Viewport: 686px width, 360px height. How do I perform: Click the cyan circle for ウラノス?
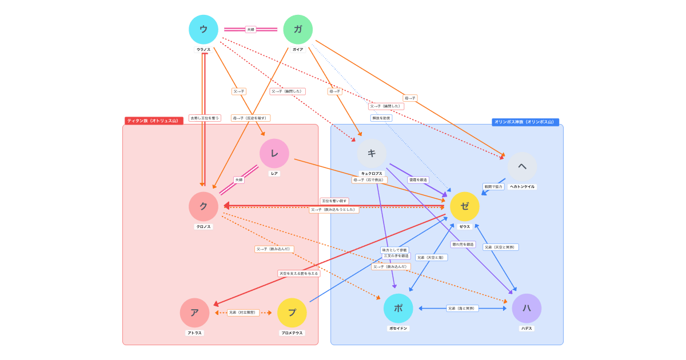pyautogui.click(x=204, y=30)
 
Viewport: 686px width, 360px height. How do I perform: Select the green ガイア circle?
pyautogui.click(x=298, y=30)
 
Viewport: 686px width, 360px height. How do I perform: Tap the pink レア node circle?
pyautogui.click(x=274, y=153)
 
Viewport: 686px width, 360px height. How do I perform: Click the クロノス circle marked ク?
pyautogui.click(x=204, y=206)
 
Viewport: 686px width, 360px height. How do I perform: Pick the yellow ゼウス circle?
pyautogui.click(x=465, y=206)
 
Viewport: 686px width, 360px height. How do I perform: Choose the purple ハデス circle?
pyautogui.click(x=527, y=308)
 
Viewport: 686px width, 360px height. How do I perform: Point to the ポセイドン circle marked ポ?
pyautogui.click(x=398, y=308)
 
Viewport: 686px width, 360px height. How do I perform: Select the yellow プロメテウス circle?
pyautogui.click(x=292, y=313)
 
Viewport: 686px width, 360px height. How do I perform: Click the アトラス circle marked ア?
pyautogui.click(x=194, y=313)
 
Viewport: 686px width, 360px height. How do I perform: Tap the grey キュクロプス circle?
pyautogui.click(x=372, y=153)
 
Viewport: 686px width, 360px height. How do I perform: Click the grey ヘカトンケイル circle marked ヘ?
pyautogui.click(x=522, y=166)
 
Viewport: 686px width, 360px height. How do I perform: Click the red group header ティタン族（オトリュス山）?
pyautogui.click(x=153, y=121)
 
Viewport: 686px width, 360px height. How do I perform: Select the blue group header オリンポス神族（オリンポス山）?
pyautogui.click(x=525, y=122)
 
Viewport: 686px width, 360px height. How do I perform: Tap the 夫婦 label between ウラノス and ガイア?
pyautogui.click(x=250, y=30)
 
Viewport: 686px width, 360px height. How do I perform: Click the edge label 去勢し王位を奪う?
pyautogui.click(x=205, y=118)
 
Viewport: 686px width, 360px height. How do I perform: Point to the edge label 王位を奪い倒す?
pyautogui.click(x=334, y=201)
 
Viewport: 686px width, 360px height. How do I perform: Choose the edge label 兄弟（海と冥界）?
pyautogui.click(x=462, y=309)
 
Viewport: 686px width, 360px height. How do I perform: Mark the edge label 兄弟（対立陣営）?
pyautogui.click(x=243, y=313)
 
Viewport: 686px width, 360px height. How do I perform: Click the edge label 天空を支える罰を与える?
pyautogui.click(x=299, y=274)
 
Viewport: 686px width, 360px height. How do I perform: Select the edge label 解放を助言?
pyautogui.click(x=381, y=118)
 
